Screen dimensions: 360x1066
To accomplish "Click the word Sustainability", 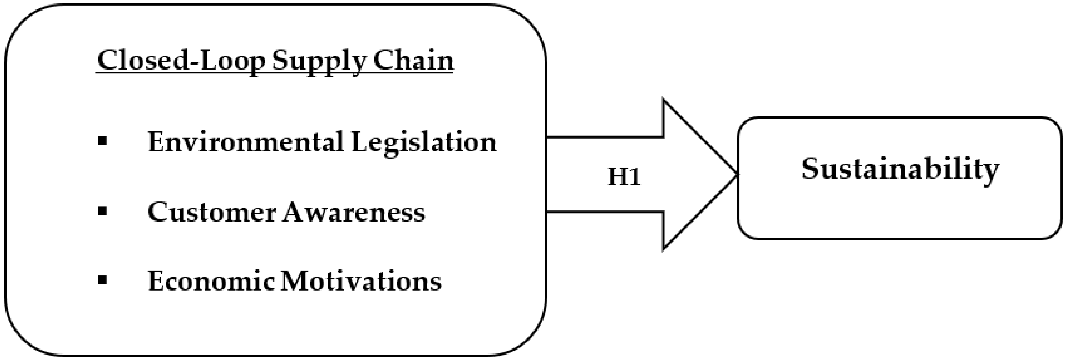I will (x=900, y=170).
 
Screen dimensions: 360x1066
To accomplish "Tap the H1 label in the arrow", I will (x=624, y=177).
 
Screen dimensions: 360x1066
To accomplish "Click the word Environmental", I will (x=246, y=142).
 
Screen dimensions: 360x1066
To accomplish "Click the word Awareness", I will (x=354, y=212).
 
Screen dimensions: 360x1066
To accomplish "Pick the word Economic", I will (x=211, y=282).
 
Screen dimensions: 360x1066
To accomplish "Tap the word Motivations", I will (x=361, y=282).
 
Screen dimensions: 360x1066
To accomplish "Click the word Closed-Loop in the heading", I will (x=181, y=61).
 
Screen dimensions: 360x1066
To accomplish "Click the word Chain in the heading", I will (x=413, y=61).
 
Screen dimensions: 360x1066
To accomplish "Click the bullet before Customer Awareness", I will (x=103, y=212).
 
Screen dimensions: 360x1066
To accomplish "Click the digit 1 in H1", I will (x=634, y=177).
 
